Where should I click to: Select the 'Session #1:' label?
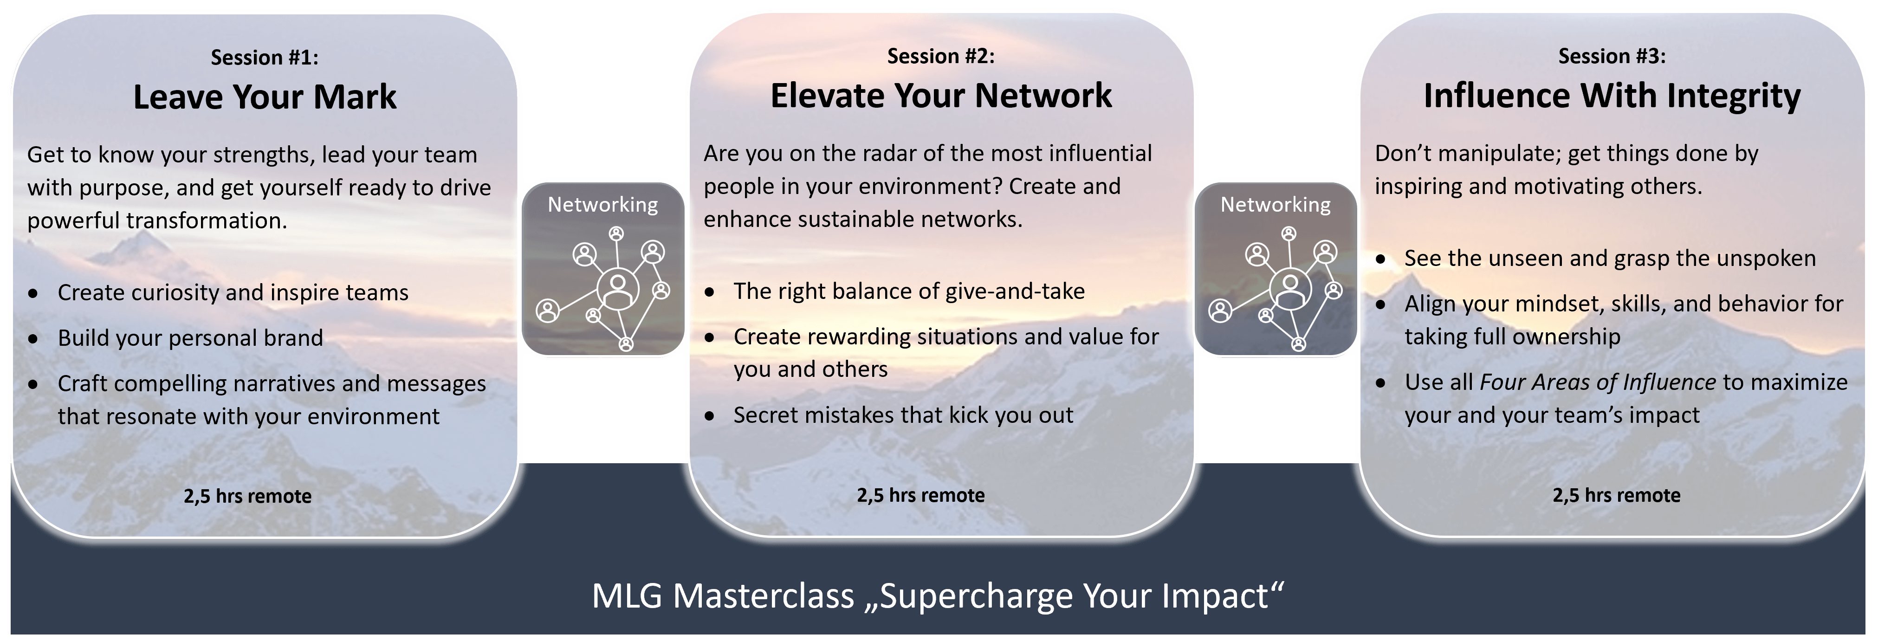click(x=265, y=58)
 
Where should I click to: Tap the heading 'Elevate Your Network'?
click(x=941, y=96)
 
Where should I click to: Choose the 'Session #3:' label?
click(x=1612, y=56)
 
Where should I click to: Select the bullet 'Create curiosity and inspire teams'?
click(x=233, y=292)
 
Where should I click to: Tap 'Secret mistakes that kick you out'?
click(x=903, y=415)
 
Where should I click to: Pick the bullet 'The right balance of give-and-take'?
click(x=909, y=291)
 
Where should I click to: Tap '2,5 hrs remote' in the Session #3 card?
click(x=1616, y=496)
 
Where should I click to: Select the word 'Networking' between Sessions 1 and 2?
click(x=603, y=205)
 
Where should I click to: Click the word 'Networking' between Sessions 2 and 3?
click(x=1276, y=205)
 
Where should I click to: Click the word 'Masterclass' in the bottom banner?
click(x=763, y=596)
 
